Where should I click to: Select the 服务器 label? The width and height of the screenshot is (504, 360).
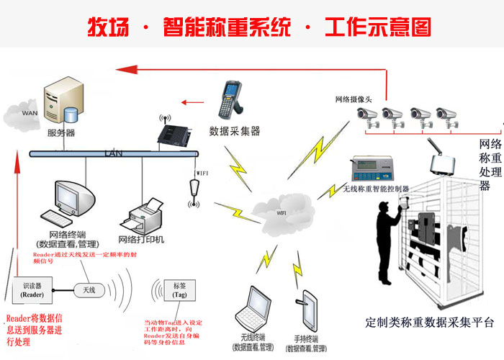(x=60, y=133)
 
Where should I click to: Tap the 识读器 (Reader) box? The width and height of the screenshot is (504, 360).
(x=27, y=289)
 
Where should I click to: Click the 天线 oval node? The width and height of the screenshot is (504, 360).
(x=89, y=289)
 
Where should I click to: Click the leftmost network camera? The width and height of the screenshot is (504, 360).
(x=368, y=115)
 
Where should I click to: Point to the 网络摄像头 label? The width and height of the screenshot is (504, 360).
(x=356, y=99)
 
